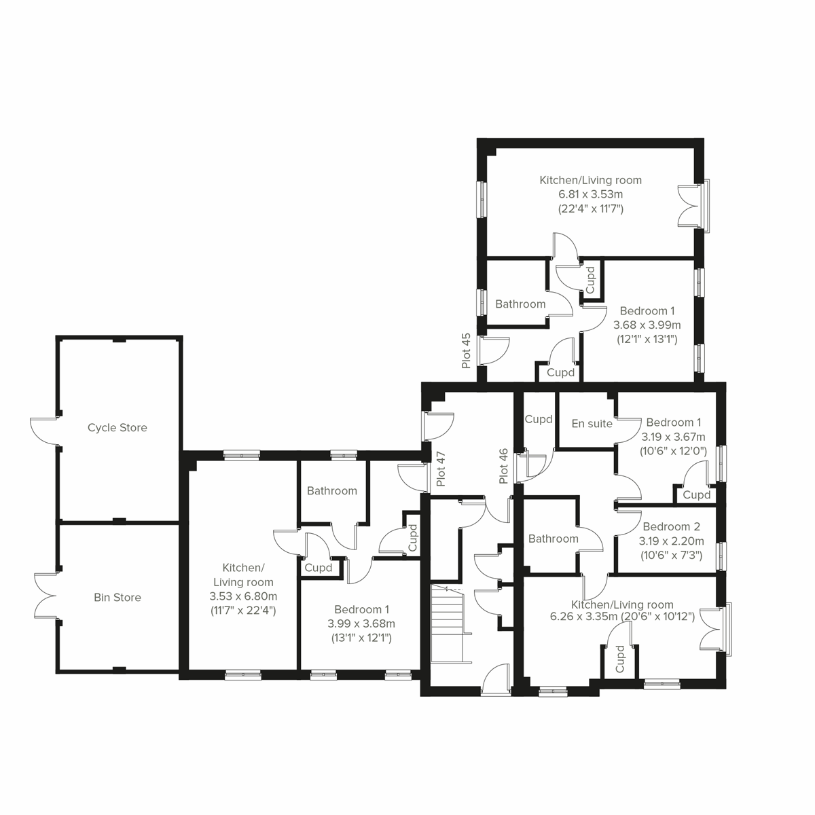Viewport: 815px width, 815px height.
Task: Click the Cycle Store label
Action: (117, 428)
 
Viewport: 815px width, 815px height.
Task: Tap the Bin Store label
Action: (117, 598)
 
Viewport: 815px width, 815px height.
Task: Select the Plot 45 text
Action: (466, 350)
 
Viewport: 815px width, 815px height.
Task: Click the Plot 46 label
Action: (503, 466)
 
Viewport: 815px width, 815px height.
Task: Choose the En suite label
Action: (592, 424)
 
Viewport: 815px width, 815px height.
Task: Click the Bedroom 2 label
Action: (671, 526)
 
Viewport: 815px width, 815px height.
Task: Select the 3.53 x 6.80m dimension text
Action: (243, 596)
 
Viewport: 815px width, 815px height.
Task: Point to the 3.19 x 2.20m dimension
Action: (671, 541)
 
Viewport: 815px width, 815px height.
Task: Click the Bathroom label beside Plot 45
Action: (520, 304)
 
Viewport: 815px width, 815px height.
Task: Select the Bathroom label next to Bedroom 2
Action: (553, 539)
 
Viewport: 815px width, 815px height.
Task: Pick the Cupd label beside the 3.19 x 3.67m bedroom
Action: (696, 495)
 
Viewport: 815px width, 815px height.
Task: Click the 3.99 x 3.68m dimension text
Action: (361, 623)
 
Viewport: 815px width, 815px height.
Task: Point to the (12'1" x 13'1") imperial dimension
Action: (646, 339)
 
